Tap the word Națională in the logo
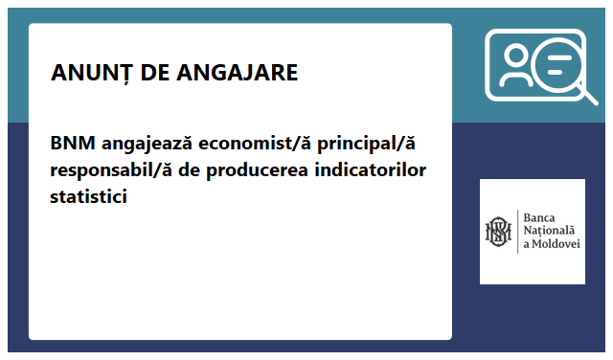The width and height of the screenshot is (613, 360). (549, 231)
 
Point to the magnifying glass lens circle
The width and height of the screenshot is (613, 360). (555, 65)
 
